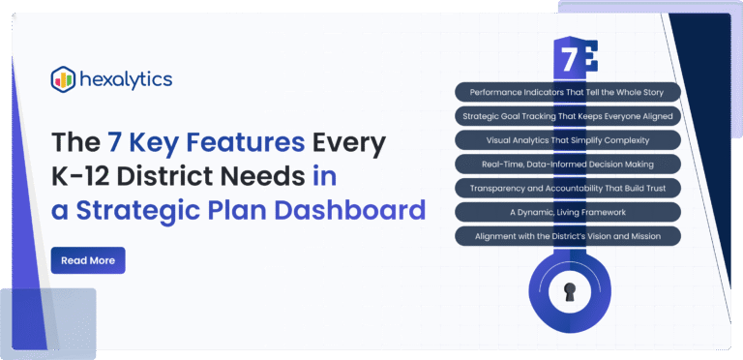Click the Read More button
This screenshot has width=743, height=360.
click(87, 260)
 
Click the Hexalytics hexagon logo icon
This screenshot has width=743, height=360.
click(63, 78)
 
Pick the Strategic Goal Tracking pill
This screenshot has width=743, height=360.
click(567, 116)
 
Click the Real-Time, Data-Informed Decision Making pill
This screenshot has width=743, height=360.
click(567, 164)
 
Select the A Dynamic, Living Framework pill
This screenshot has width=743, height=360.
click(567, 211)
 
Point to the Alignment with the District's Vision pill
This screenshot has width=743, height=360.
click(567, 235)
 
